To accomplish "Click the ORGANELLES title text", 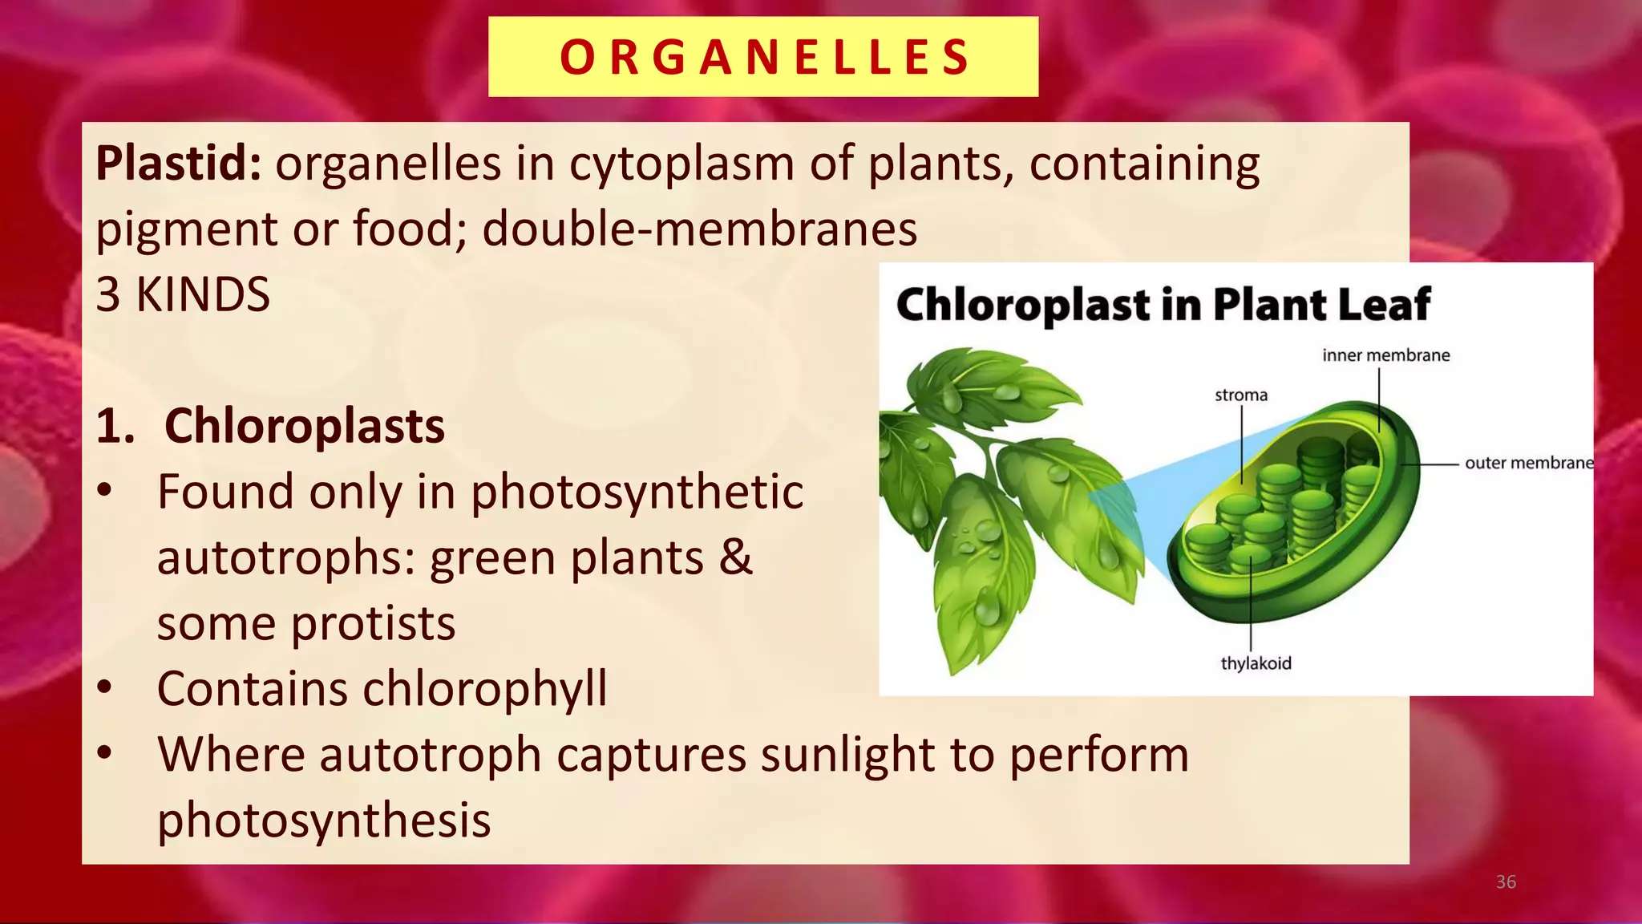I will point(763,58).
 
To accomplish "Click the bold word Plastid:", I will point(178,164).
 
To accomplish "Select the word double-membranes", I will point(699,229).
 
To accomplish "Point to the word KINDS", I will point(203,295).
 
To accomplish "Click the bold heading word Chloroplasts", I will point(304,426).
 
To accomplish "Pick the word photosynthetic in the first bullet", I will point(637,492).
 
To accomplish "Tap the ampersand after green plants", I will point(735,557).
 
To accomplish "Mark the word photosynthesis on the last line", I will point(324,821).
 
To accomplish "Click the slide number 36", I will point(1506,882).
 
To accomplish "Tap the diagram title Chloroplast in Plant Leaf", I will point(1163,305).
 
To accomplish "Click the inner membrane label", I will point(1385,355).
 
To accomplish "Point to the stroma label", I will point(1240,395).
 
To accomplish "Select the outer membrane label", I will point(1528,463).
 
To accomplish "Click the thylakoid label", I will point(1256,663).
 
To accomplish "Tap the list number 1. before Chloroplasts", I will point(115,426).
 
